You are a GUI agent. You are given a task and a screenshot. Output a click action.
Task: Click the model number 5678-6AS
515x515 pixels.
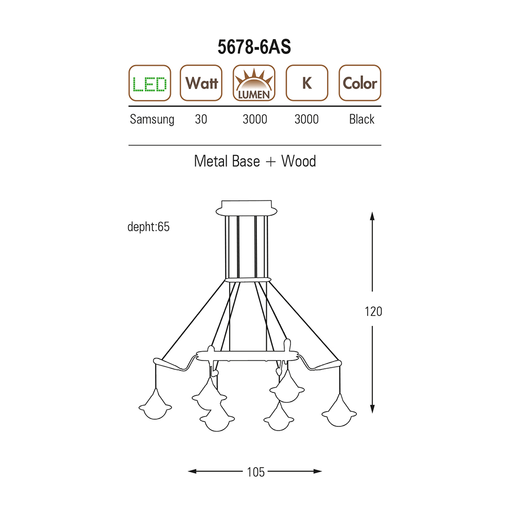(x=254, y=47)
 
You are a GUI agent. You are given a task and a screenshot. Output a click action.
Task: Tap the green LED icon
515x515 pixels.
(x=150, y=83)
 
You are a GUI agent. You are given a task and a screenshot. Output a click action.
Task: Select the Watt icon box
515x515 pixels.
(x=201, y=83)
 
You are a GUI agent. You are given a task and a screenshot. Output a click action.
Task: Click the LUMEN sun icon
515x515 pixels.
(x=254, y=83)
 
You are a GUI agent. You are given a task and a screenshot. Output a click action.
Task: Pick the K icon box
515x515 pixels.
(x=307, y=83)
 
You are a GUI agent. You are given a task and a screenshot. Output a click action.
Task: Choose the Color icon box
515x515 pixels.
(x=359, y=83)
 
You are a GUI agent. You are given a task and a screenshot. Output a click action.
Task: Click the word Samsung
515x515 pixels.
(x=152, y=119)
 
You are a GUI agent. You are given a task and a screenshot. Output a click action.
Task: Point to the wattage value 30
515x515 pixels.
(x=201, y=119)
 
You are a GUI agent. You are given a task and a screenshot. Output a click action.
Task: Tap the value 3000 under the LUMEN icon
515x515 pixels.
(x=255, y=119)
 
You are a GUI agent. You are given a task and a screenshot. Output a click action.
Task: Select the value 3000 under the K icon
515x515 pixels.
(x=306, y=119)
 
